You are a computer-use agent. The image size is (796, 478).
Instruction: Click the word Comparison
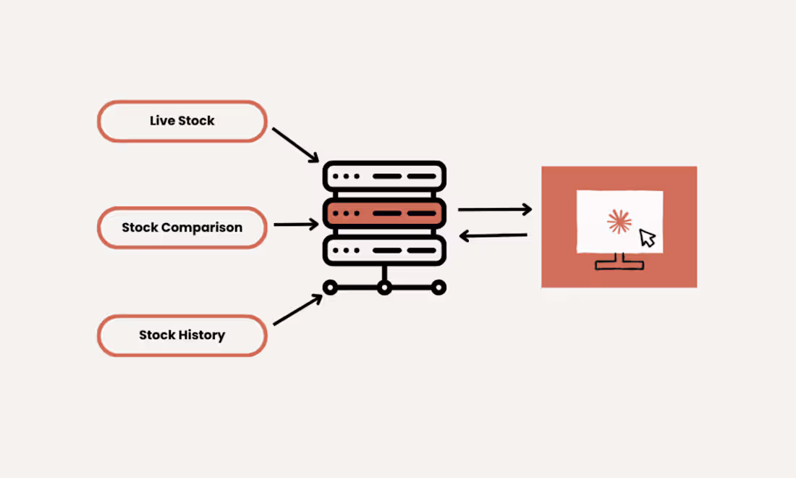202,227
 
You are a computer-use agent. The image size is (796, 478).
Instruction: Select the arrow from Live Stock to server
295,145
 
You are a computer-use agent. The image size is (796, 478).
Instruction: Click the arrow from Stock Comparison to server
296,224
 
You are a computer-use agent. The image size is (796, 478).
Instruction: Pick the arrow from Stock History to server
297,310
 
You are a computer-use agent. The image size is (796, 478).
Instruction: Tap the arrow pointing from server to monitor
495,209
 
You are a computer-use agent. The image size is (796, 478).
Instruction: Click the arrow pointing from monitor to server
493,235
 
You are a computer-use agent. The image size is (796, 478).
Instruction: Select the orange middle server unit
384,214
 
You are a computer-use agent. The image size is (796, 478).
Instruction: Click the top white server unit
384,176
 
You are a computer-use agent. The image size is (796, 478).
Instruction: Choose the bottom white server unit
384,251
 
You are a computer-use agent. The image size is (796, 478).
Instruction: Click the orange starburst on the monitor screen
619,222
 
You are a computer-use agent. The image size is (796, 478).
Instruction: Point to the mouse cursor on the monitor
647,238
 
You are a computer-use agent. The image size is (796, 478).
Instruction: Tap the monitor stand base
619,264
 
